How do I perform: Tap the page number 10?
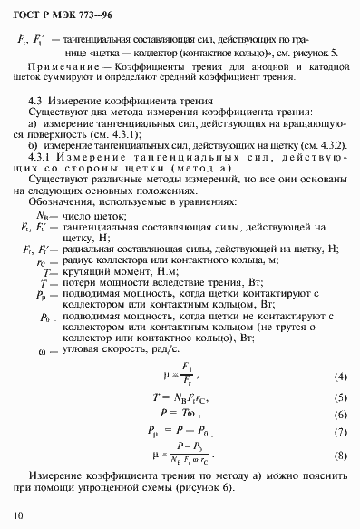click(19, 516)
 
